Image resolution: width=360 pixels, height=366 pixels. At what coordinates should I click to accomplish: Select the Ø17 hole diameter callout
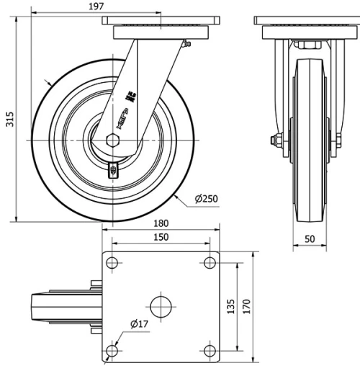(139, 324)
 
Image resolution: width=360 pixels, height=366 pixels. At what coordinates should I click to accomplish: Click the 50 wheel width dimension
(310, 238)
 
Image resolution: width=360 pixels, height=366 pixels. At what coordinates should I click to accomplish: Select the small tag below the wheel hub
(112, 170)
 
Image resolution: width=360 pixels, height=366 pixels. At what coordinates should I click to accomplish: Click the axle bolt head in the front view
(276, 140)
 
